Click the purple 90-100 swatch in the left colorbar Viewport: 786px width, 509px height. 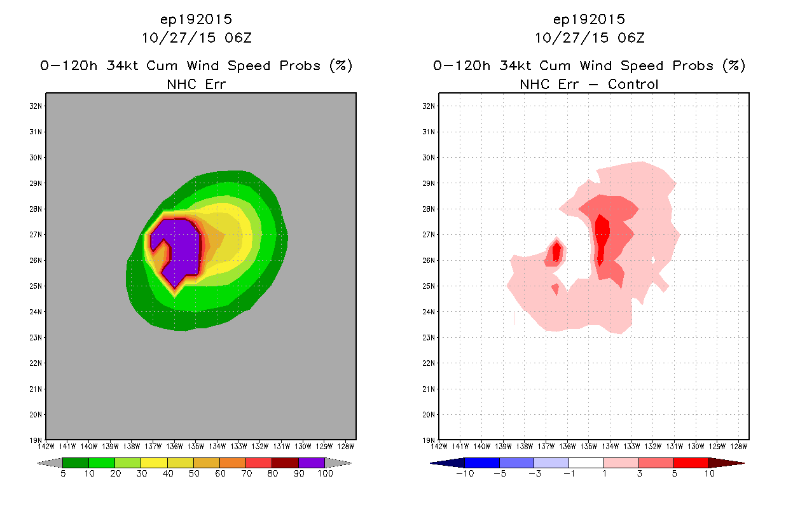click(312, 463)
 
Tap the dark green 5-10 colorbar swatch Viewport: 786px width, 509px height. click(76, 463)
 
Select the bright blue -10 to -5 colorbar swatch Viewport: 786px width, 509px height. click(482, 463)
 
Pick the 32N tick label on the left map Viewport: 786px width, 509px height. click(36, 106)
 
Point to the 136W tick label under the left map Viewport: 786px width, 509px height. click(174, 447)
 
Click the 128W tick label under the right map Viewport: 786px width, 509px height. click(739, 447)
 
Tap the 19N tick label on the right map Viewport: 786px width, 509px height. click(429, 440)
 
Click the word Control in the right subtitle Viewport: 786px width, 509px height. click(633, 85)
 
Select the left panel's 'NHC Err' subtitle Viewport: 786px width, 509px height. click(196, 85)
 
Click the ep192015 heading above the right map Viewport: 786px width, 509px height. click(589, 19)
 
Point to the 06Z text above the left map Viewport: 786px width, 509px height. click(238, 38)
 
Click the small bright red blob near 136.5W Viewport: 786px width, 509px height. click(556, 252)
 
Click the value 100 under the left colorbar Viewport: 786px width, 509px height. click(325, 474)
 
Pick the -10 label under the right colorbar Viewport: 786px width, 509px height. click(465, 474)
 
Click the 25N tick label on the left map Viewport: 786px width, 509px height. click(36, 286)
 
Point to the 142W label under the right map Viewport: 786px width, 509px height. click(439, 447)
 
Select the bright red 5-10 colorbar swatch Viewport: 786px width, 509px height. click(691, 463)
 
